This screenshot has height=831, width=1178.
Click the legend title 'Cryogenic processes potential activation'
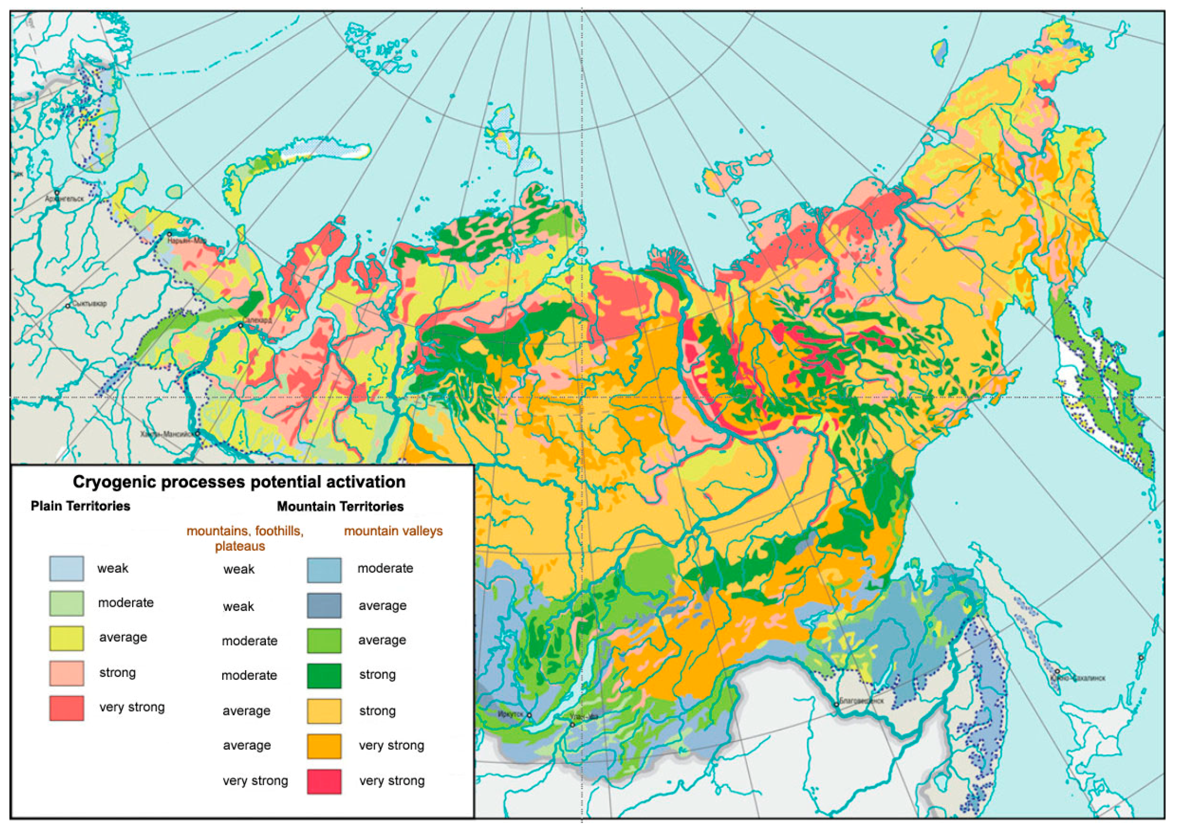coord(239,482)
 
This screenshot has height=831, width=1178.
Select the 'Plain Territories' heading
coord(81,506)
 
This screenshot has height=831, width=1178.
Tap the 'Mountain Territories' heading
coord(340,507)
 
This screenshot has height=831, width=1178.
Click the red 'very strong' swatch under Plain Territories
coord(67,708)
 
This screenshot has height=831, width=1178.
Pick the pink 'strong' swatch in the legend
coord(67,673)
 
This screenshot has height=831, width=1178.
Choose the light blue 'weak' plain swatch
coord(67,569)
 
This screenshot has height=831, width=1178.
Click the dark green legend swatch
coord(324,676)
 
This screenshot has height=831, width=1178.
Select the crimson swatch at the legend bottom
coord(324,781)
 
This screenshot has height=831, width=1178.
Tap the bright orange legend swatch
coord(324,746)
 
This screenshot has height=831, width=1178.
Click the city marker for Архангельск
coord(57,192)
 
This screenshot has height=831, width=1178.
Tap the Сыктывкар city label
coord(90,303)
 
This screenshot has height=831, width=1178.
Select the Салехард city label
coord(258,320)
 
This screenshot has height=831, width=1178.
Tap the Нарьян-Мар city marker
coord(169,234)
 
